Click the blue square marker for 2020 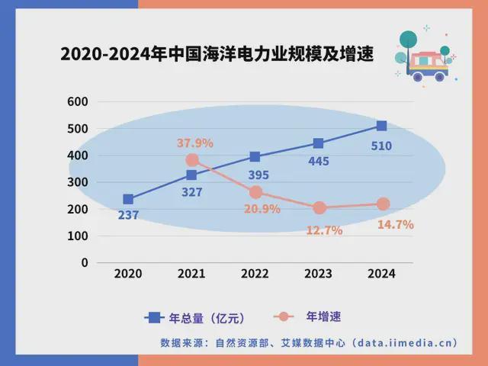click(x=128, y=199)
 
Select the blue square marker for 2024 click(x=381, y=126)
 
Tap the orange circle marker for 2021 click(x=192, y=160)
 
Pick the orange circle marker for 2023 click(x=319, y=207)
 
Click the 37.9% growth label click(x=195, y=143)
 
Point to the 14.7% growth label click(x=395, y=225)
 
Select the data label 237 click(x=128, y=215)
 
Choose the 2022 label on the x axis click(x=255, y=274)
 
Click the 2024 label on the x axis click(x=381, y=274)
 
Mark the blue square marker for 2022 click(x=255, y=157)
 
